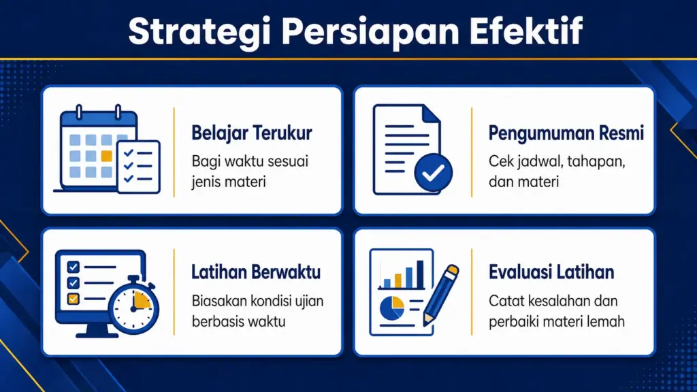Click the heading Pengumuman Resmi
(566, 133)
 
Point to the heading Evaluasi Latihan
(551, 273)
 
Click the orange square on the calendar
(106, 156)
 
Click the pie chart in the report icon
(391, 307)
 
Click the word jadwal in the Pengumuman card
(534, 163)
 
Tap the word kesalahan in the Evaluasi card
(553, 301)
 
